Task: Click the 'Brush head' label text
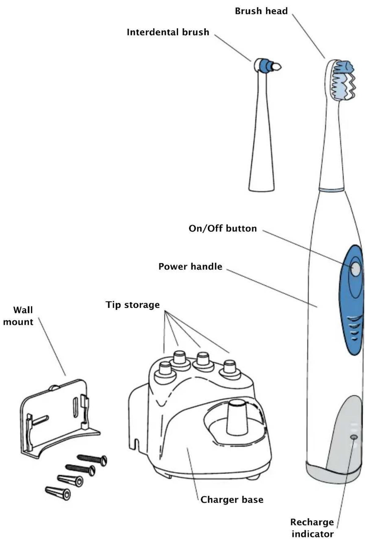[x=261, y=11]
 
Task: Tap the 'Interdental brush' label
[x=168, y=32]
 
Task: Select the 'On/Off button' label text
[x=222, y=228]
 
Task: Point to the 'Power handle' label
[x=190, y=267]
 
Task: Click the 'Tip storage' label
[x=133, y=305]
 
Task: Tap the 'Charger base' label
[x=232, y=500]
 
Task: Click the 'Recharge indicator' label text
[x=312, y=528]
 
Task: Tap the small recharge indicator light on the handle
[x=354, y=437]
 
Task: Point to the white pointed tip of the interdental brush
[x=277, y=66]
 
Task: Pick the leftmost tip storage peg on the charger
[x=165, y=369]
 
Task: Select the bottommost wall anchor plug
[x=58, y=493]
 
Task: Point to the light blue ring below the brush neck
[x=332, y=190]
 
